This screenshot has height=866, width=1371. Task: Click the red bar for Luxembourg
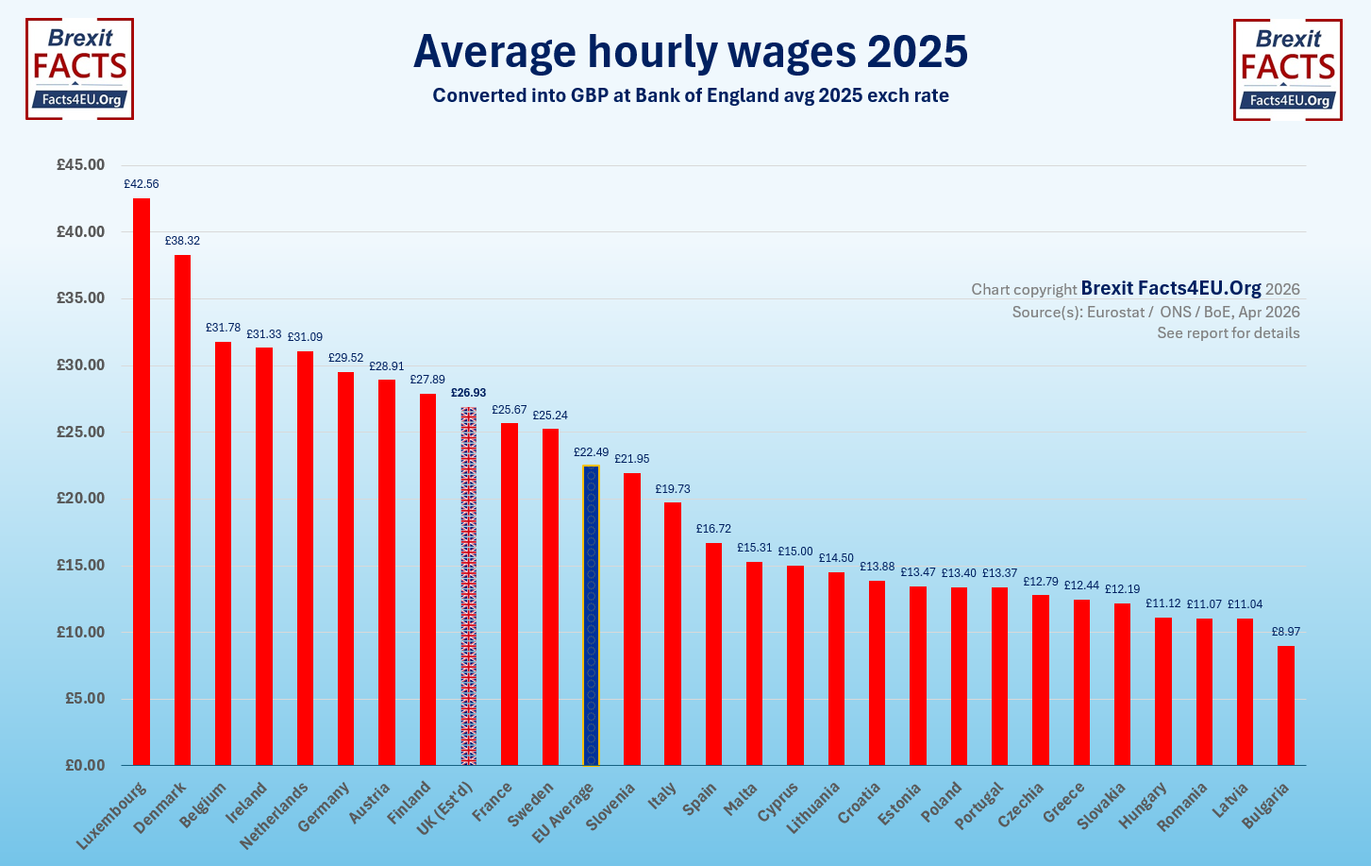pos(142,482)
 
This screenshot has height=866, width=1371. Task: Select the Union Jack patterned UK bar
pos(468,586)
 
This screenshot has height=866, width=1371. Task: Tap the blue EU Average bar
pos(591,614)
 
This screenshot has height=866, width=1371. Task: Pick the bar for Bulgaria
pos(1286,705)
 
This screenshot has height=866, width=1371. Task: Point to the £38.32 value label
pos(182,241)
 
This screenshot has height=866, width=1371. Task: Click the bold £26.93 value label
pos(468,393)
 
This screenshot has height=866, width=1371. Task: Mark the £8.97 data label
pos(1286,632)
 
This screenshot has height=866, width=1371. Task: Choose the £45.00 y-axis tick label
pos(80,164)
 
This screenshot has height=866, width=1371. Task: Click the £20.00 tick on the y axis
pos(80,499)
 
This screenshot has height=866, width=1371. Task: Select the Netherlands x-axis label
pos(275,815)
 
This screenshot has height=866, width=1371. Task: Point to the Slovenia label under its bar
pos(610,807)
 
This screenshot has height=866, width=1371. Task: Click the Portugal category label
pos(978,807)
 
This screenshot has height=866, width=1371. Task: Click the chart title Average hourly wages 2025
pos(691,51)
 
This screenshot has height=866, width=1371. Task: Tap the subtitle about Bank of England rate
pos(691,95)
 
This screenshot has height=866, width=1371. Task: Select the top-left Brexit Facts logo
pos(79,69)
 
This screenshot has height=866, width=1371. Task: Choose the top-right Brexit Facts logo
pos(1288,70)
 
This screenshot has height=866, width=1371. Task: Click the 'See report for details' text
pos(1229,333)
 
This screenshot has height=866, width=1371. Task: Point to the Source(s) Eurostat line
pos(1156,312)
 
